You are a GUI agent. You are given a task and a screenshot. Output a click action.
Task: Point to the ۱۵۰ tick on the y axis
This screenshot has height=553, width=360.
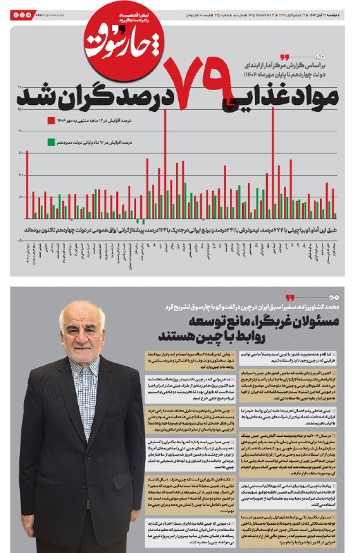tap(20, 109)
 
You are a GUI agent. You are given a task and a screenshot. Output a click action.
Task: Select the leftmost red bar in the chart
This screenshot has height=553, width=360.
tap(28, 183)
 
